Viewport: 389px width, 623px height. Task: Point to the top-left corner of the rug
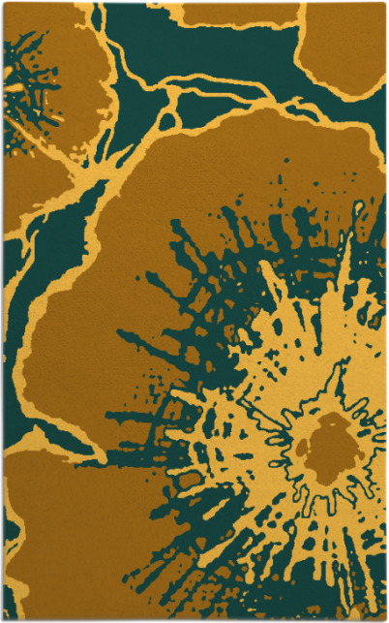[x=4, y=4]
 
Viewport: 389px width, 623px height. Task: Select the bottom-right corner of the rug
[x=384, y=618]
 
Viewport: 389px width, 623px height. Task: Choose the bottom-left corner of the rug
[x=4, y=618]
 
